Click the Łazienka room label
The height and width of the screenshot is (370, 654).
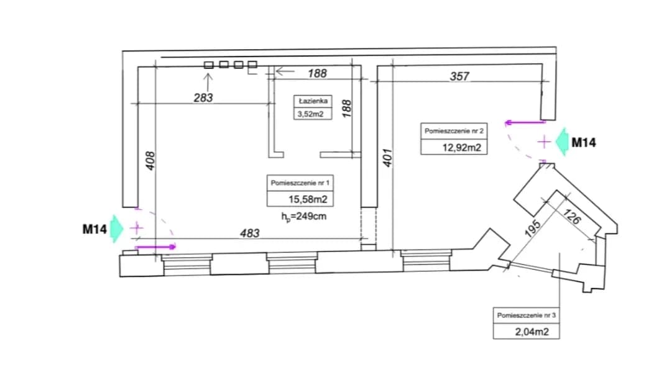pos(313,101)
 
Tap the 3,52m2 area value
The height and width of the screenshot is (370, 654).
pos(310,114)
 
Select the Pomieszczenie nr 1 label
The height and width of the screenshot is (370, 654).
pos(300,183)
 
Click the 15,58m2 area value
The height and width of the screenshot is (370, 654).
pos(308,199)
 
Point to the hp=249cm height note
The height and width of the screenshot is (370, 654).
pos(303,217)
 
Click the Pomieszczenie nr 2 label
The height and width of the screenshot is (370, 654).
pos(454,131)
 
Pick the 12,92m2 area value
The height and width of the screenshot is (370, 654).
pos(462,148)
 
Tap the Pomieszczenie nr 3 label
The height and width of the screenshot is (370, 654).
pos(527,315)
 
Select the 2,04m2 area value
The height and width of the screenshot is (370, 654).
pos(532,332)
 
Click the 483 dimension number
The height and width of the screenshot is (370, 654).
pos(250,233)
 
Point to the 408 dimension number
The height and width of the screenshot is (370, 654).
pos(150,161)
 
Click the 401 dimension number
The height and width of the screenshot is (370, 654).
pos(387,158)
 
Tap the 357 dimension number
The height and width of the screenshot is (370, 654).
pos(459,76)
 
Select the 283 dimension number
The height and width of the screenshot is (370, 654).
pos(203,98)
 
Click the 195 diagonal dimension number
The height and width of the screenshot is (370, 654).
pos(533,228)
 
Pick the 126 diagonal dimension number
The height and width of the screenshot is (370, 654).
pos(571,216)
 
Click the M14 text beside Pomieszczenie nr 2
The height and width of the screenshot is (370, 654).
pos(584,143)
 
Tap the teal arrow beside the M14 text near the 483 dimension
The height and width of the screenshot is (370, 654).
pos(117,228)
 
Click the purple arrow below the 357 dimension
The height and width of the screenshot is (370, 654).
pos(525,122)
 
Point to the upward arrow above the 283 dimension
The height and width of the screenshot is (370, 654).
pos(208,82)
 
